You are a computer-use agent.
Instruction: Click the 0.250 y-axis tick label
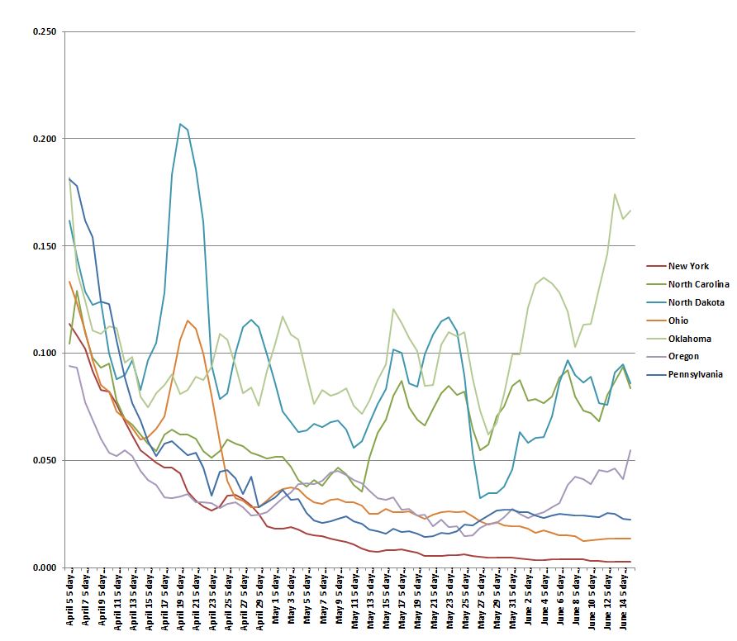pos(45,31)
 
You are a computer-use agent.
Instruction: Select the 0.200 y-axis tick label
pos(45,139)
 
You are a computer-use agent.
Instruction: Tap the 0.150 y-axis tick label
pos(45,246)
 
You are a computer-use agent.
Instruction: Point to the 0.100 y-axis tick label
pos(45,353)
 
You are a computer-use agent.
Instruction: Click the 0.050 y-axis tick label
pos(45,460)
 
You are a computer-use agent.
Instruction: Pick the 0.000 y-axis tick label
pos(45,567)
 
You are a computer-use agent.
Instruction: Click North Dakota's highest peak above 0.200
pos(180,124)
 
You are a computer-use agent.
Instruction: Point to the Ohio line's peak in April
pos(188,320)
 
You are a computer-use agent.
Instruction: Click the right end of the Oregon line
pos(630,450)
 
